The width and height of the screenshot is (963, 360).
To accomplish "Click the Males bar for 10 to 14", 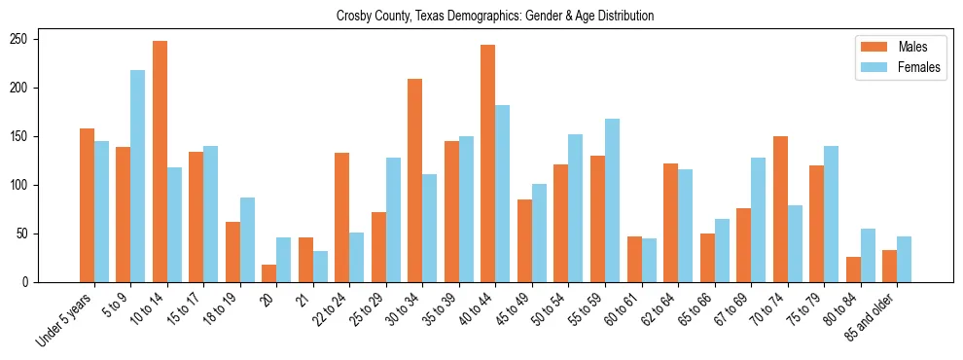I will point(160,162).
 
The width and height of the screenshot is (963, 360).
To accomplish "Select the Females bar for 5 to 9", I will point(138,176).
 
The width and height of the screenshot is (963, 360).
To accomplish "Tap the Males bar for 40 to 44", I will point(488,163).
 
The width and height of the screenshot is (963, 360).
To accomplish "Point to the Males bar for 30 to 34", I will point(415,180).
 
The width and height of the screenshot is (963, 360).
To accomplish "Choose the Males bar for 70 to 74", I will point(780,209).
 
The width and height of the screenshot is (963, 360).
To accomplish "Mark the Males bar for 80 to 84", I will point(853,270).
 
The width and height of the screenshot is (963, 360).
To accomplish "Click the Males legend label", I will point(913,47).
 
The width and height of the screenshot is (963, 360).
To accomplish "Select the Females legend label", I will point(919,68).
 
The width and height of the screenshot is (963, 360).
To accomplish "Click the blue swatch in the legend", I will point(871,68).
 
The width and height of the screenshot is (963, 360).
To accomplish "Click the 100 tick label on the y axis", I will point(25,185).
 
